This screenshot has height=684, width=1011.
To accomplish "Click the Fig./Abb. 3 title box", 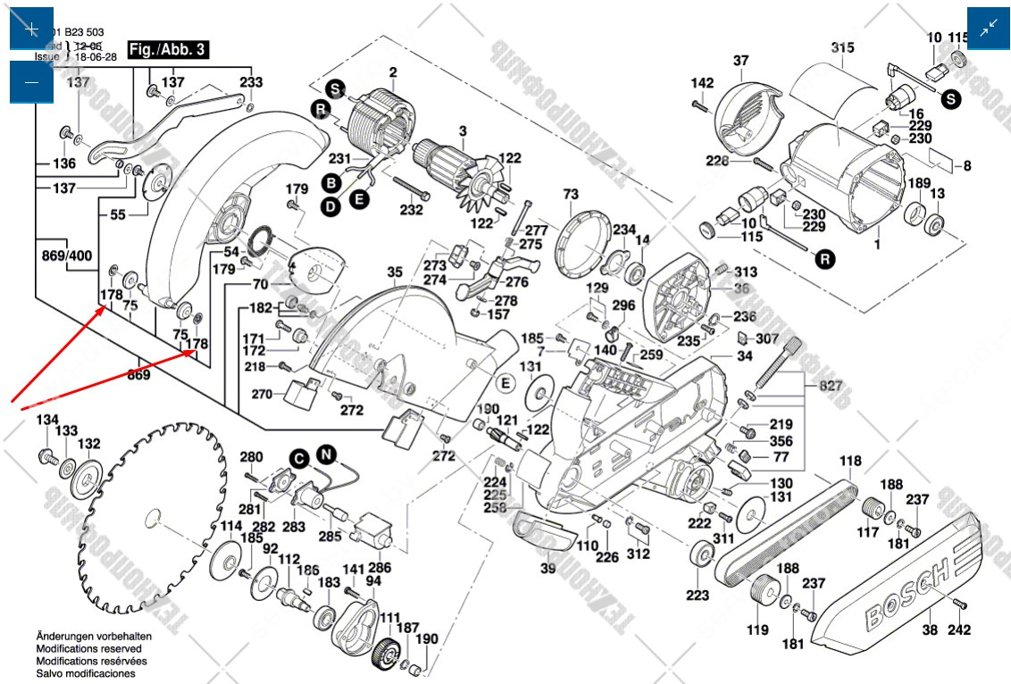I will point(168,50).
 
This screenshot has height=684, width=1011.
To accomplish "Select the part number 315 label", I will point(842,47).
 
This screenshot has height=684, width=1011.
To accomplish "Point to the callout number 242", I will point(959,630).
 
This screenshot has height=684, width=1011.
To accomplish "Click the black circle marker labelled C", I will point(297,459).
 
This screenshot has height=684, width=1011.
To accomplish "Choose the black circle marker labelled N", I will point(327,455).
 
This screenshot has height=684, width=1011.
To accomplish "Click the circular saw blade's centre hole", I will point(153,518).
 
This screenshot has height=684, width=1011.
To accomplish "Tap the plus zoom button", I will point(32,29).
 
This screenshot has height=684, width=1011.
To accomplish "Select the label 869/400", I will point(67,255).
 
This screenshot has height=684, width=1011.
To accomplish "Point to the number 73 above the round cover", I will point(571,194).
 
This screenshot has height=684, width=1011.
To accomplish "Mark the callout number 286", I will point(380,567).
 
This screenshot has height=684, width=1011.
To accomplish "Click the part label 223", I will point(698,595).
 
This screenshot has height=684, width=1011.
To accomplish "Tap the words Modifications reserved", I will point(88,648).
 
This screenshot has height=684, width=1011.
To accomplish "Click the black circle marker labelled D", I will point(330,205).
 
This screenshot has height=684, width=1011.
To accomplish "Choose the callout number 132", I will point(88,443).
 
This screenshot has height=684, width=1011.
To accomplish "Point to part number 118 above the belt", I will point(850,461).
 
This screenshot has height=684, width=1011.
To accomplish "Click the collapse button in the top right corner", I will point(989,29).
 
